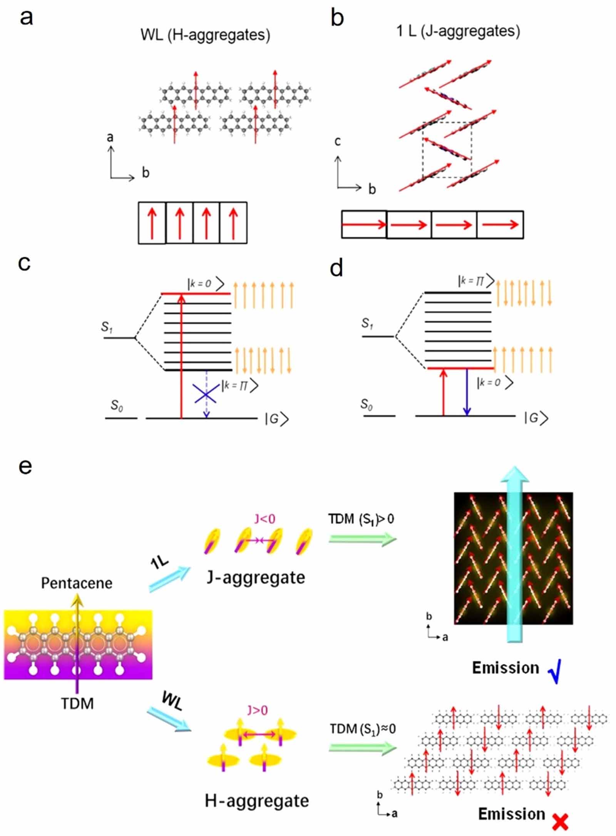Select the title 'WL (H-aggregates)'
coord(205,35)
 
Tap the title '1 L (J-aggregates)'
coord(458,31)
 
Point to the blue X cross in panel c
coord(206,394)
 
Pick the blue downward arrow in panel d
coord(467,392)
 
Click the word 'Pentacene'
coord(77,583)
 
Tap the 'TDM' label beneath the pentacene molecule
coord(77,703)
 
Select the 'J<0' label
coord(265,519)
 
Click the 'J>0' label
coord(258,710)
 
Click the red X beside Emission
coord(560,822)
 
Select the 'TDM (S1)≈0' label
coord(362,729)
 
